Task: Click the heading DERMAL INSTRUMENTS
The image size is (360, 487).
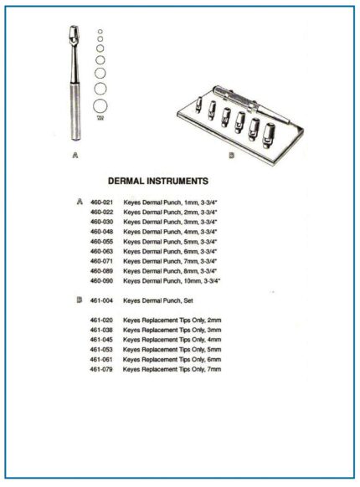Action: pyautogui.click(x=158, y=180)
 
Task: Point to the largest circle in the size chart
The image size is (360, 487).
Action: pyautogui.click(x=100, y=106)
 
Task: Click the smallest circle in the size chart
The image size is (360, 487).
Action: pyautogui.click(x=100, y=32)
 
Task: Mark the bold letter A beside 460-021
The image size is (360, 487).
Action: pyautogui.click(x=79, y=202)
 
